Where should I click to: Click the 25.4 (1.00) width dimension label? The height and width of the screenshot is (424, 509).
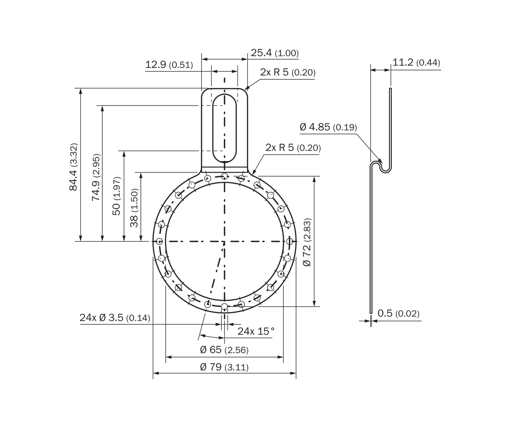point(275,53)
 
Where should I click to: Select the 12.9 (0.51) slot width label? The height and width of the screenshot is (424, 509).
point(169,64)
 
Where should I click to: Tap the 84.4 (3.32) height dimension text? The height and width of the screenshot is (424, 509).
point(73,167)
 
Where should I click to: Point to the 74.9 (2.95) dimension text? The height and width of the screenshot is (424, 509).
point(96,177)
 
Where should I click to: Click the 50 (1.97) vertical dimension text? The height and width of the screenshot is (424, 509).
point(117,196)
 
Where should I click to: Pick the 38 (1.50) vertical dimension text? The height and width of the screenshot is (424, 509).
point(134,208)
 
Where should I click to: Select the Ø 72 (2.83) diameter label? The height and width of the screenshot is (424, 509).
point(307,242)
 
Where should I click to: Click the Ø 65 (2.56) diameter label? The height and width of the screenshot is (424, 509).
point(224,350)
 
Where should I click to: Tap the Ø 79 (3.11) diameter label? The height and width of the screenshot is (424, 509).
point(224,367)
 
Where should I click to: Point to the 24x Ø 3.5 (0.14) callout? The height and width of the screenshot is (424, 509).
point(115,318)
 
